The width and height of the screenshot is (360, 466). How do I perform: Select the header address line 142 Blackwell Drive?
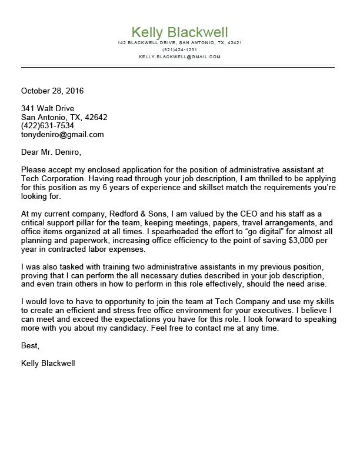coord(179,43)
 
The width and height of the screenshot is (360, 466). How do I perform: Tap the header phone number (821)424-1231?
coord(179,49)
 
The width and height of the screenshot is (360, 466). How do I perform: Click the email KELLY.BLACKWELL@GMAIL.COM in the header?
coord(179,56)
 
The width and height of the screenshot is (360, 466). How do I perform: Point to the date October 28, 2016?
coord(52,91)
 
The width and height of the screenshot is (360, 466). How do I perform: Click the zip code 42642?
coord(96,117)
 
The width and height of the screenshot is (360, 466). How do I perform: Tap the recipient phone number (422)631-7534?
coord(48,125)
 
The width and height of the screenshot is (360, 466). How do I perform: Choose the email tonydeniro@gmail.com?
coord(62,134)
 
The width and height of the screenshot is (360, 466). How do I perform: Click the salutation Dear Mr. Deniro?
coord(51,152)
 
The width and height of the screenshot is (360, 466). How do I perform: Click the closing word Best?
coord(30,345)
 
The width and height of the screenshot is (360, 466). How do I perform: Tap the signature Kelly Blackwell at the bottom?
coord(48,363)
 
